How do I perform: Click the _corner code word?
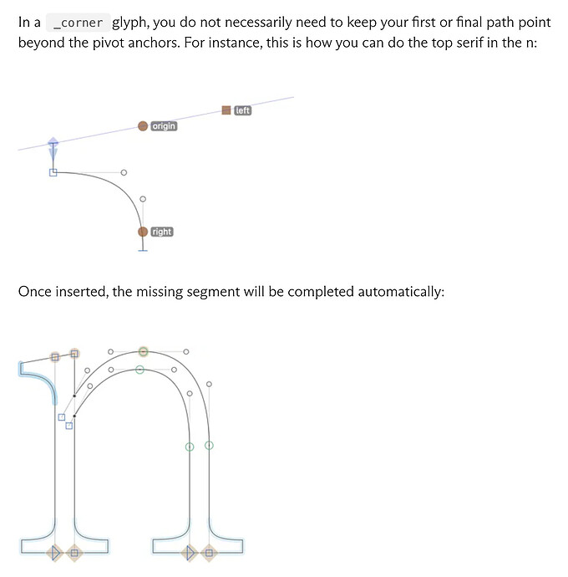pyautogui.click(x=78, y=23)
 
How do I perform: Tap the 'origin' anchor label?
pyautogui.click(x=164, y=126)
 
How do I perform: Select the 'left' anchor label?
pyautogui.click(x=242, y=110)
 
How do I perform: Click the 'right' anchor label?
pyautogui.click(x=162, y=232)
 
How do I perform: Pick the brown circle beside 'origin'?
pyautogui.click(x=143, y=126)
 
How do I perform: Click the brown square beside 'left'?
pyautogui.click(x=226, y=110)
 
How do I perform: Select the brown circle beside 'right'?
pyautogui.click(x=143, y=232)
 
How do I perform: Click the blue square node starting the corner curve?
pyautogui.click(x=53, y=172)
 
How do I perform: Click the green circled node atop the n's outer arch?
pyautogui.click(x=144, y=352)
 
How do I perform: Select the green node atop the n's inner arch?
pyautogui.click(x=139, y=370)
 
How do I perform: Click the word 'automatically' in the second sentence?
pyautogui.click(x=400, y=292)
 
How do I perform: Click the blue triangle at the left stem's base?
pyautogui.click(x=55, y=553)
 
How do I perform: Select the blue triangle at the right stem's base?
pyautogui.click(x=190, y=553)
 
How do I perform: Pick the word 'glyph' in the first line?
pyautogui.click(x=129, y=23)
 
